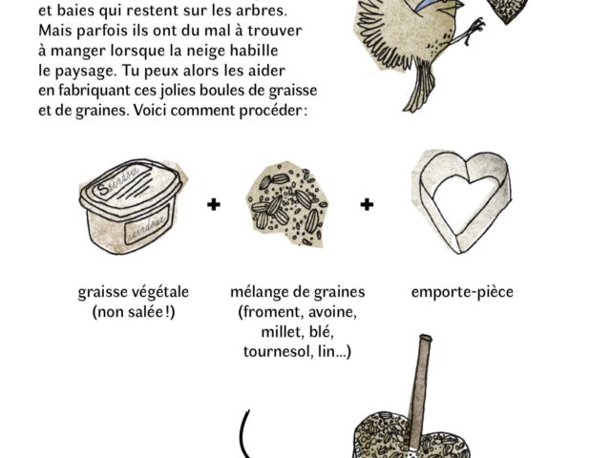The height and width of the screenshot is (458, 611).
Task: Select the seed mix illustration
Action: (x=287, y=205)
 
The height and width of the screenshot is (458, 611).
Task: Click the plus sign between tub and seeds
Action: (x=214, y=204)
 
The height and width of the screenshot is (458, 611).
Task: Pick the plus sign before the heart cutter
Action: (x=367, y=204)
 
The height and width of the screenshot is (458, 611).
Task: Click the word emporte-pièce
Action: (x=462, y=292)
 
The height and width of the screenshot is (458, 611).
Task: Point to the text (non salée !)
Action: (x=134, y=312)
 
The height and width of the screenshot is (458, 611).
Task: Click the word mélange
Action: (x=257, y=292)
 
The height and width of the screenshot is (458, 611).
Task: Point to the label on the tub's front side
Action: (x=147, y=225)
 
